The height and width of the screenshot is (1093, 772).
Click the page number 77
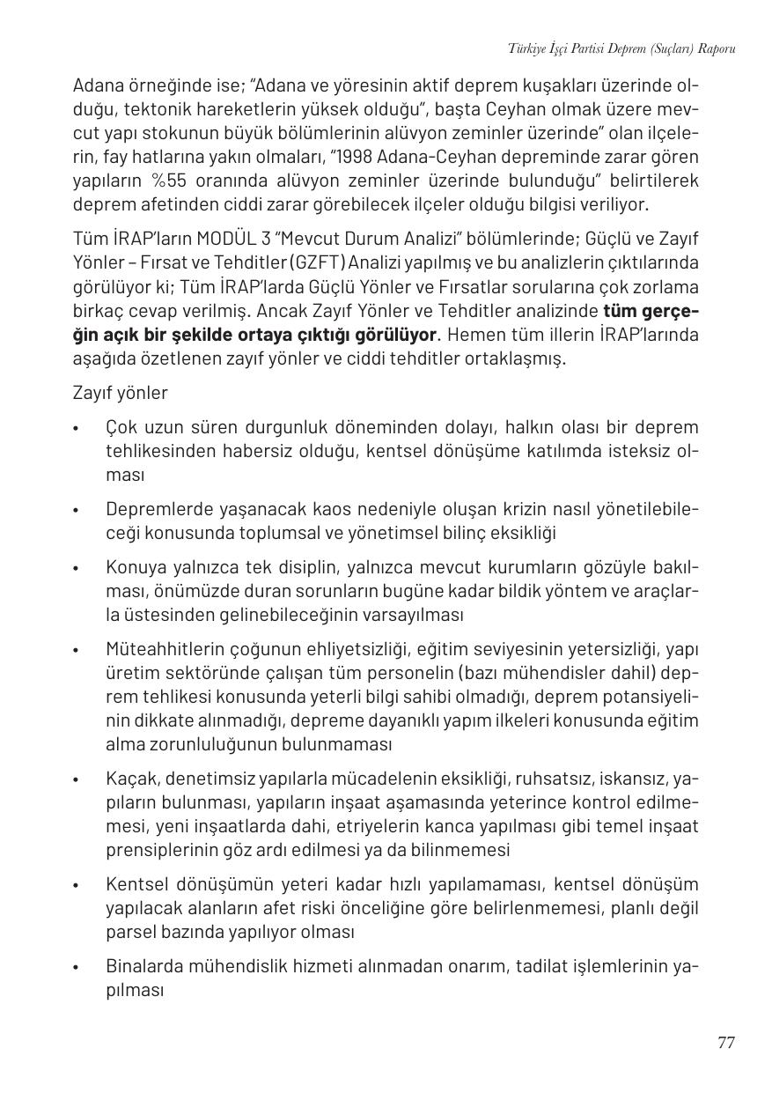pos(725,1043)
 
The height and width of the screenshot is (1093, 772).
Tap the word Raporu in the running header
pos(716,48)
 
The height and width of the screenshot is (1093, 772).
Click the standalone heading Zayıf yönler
pos(120,393)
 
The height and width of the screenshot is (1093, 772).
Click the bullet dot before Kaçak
pos(77,780)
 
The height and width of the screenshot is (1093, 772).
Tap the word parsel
pos(129,931)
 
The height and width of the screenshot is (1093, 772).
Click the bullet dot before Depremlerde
pos(77,511)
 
